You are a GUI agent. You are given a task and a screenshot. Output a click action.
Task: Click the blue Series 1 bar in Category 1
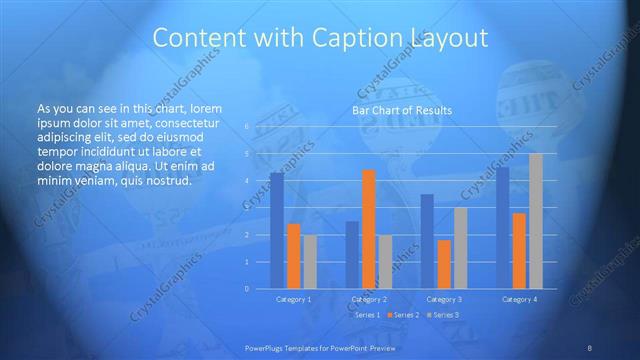(277, 231)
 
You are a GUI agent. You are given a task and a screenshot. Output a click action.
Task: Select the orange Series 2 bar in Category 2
(369, 229)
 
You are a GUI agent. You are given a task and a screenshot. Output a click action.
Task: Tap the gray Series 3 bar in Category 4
(536, 221)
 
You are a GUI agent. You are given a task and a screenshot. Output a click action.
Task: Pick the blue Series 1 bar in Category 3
(427, 241)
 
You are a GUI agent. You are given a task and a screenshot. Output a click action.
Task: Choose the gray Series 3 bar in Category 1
(311, 262)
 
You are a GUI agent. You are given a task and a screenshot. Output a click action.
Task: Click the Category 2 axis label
(369, 300)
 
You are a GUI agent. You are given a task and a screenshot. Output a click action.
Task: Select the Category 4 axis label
(519, 300)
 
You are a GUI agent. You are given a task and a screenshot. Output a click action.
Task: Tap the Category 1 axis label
(294, 300)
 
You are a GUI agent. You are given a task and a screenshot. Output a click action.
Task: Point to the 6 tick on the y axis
(247, 127)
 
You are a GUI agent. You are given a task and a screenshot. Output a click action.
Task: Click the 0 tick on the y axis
(247, 289)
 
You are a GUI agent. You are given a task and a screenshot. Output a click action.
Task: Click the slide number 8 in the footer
(590, 346)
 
